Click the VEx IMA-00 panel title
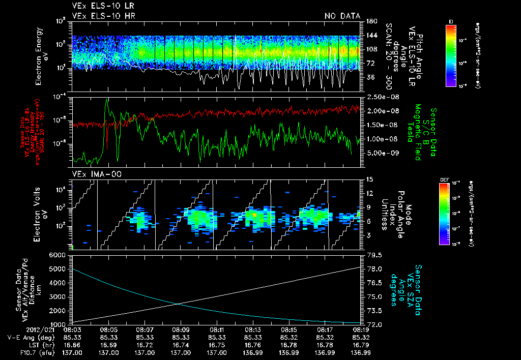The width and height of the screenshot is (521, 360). pos(92,174)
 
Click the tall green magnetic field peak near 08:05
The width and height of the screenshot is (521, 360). pos(106,101)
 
